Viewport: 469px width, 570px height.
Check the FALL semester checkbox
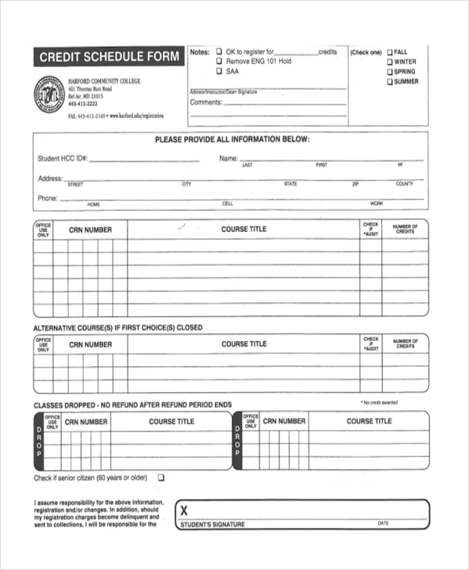(388, 52)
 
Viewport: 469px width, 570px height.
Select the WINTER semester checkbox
(388, 62)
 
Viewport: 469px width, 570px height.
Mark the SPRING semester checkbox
(388, 73)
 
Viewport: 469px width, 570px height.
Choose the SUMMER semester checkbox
(388, 82)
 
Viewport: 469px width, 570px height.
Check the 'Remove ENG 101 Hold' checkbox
(219, 62)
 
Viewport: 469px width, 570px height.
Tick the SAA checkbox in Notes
(219, 71)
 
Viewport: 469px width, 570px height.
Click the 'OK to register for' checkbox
(219, 52)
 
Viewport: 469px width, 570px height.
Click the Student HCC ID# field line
(144, 159)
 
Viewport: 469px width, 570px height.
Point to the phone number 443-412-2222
(83, 104)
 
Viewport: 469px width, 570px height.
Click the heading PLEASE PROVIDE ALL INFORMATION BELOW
(232, 140)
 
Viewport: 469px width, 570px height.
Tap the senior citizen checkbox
(162, 478)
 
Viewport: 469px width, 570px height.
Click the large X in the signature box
(184, 510)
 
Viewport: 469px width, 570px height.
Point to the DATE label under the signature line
(383, 524)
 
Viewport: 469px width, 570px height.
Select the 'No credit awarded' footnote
(379, 403)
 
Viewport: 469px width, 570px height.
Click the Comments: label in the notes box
(206, 102)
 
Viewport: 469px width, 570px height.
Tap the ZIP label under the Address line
(356, 184)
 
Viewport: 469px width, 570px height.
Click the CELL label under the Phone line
(228, 204)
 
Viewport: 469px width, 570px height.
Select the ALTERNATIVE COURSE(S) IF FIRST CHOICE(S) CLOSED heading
(117, 328)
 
